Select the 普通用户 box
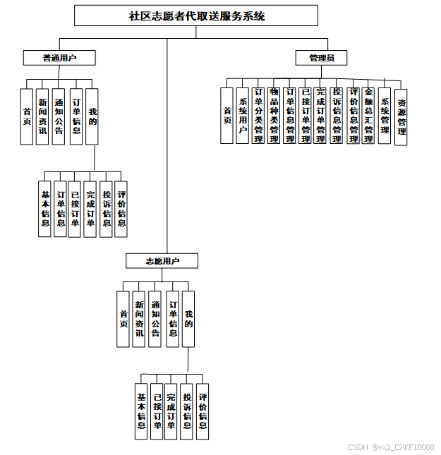[59, 58]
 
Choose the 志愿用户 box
[162, 261]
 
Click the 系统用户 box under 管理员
[242, 115]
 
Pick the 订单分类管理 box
[258, 115]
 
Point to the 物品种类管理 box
[274, 115]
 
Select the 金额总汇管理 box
[368, 115]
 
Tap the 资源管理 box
[401, 116]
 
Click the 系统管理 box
[385, 115]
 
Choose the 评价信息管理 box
[353, 115]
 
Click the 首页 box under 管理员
[226, 115]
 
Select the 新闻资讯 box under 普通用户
[43, 116]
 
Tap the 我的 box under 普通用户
[92, 116]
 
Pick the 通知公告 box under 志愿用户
[155, 319]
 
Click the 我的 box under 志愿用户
[188, 319]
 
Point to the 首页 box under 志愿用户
[123, 319]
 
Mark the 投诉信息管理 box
[337, 115]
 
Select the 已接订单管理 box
[305, 115]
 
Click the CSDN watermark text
[391, 447]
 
